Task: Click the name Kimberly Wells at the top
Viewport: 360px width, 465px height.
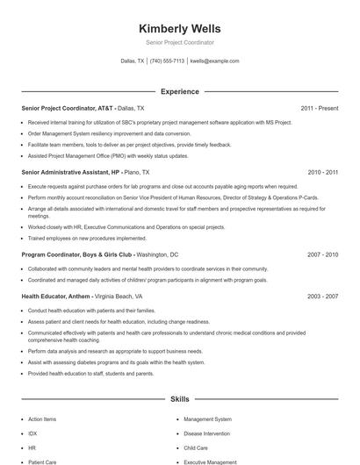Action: (180, 28)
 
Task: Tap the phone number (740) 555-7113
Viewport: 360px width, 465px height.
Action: (167, 61)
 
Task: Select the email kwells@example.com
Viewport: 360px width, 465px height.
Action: (214, 61)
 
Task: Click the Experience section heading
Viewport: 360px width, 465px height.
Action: (180, 91)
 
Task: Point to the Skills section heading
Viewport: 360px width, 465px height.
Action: (180, 399)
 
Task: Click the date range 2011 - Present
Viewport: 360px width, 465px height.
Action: (319, 108)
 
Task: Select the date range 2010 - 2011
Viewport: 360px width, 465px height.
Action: (323, 173)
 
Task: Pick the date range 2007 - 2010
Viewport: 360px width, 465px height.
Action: (323, 254)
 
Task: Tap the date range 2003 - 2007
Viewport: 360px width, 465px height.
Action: (323, 297)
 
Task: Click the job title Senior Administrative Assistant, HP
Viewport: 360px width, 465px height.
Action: (70, 173)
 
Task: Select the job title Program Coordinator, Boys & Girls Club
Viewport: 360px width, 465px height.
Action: (76, 254)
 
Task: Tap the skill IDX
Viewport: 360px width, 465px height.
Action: (32, 433)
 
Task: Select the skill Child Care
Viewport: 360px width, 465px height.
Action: (196, 447)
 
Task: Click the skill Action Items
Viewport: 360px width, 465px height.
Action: (41, 419)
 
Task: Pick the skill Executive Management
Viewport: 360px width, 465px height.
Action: (210, 461)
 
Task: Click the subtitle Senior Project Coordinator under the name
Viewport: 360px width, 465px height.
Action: (180, 42)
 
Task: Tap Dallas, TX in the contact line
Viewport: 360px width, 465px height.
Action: (132, 61)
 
